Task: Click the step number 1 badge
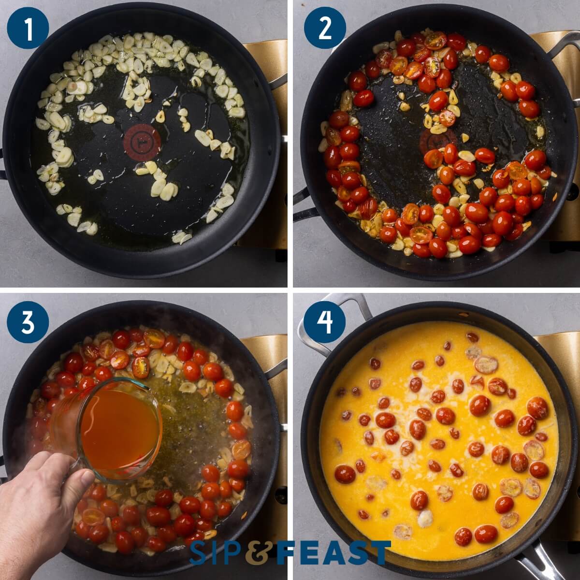point(28,28)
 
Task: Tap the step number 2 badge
point(324,28)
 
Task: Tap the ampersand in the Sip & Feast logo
point(261,553)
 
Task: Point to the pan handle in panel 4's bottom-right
point(541,561)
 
